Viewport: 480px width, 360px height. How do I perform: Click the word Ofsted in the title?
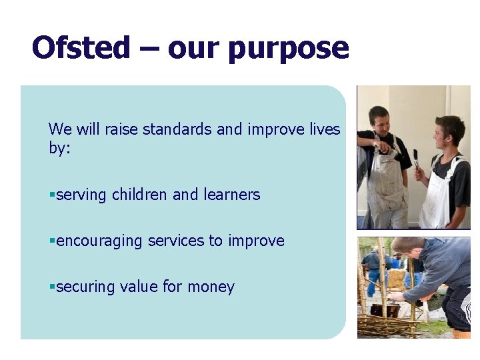tap(81, 48)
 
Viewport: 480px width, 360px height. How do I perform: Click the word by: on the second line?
tap(59, 148)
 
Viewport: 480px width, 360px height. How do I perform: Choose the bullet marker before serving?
tap(51, 195)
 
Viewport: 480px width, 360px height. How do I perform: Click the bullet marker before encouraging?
tap(51, 241)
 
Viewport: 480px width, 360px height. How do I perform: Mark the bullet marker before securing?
tap(51, 287)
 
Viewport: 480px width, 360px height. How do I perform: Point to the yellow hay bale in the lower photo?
tap(397, 278)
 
